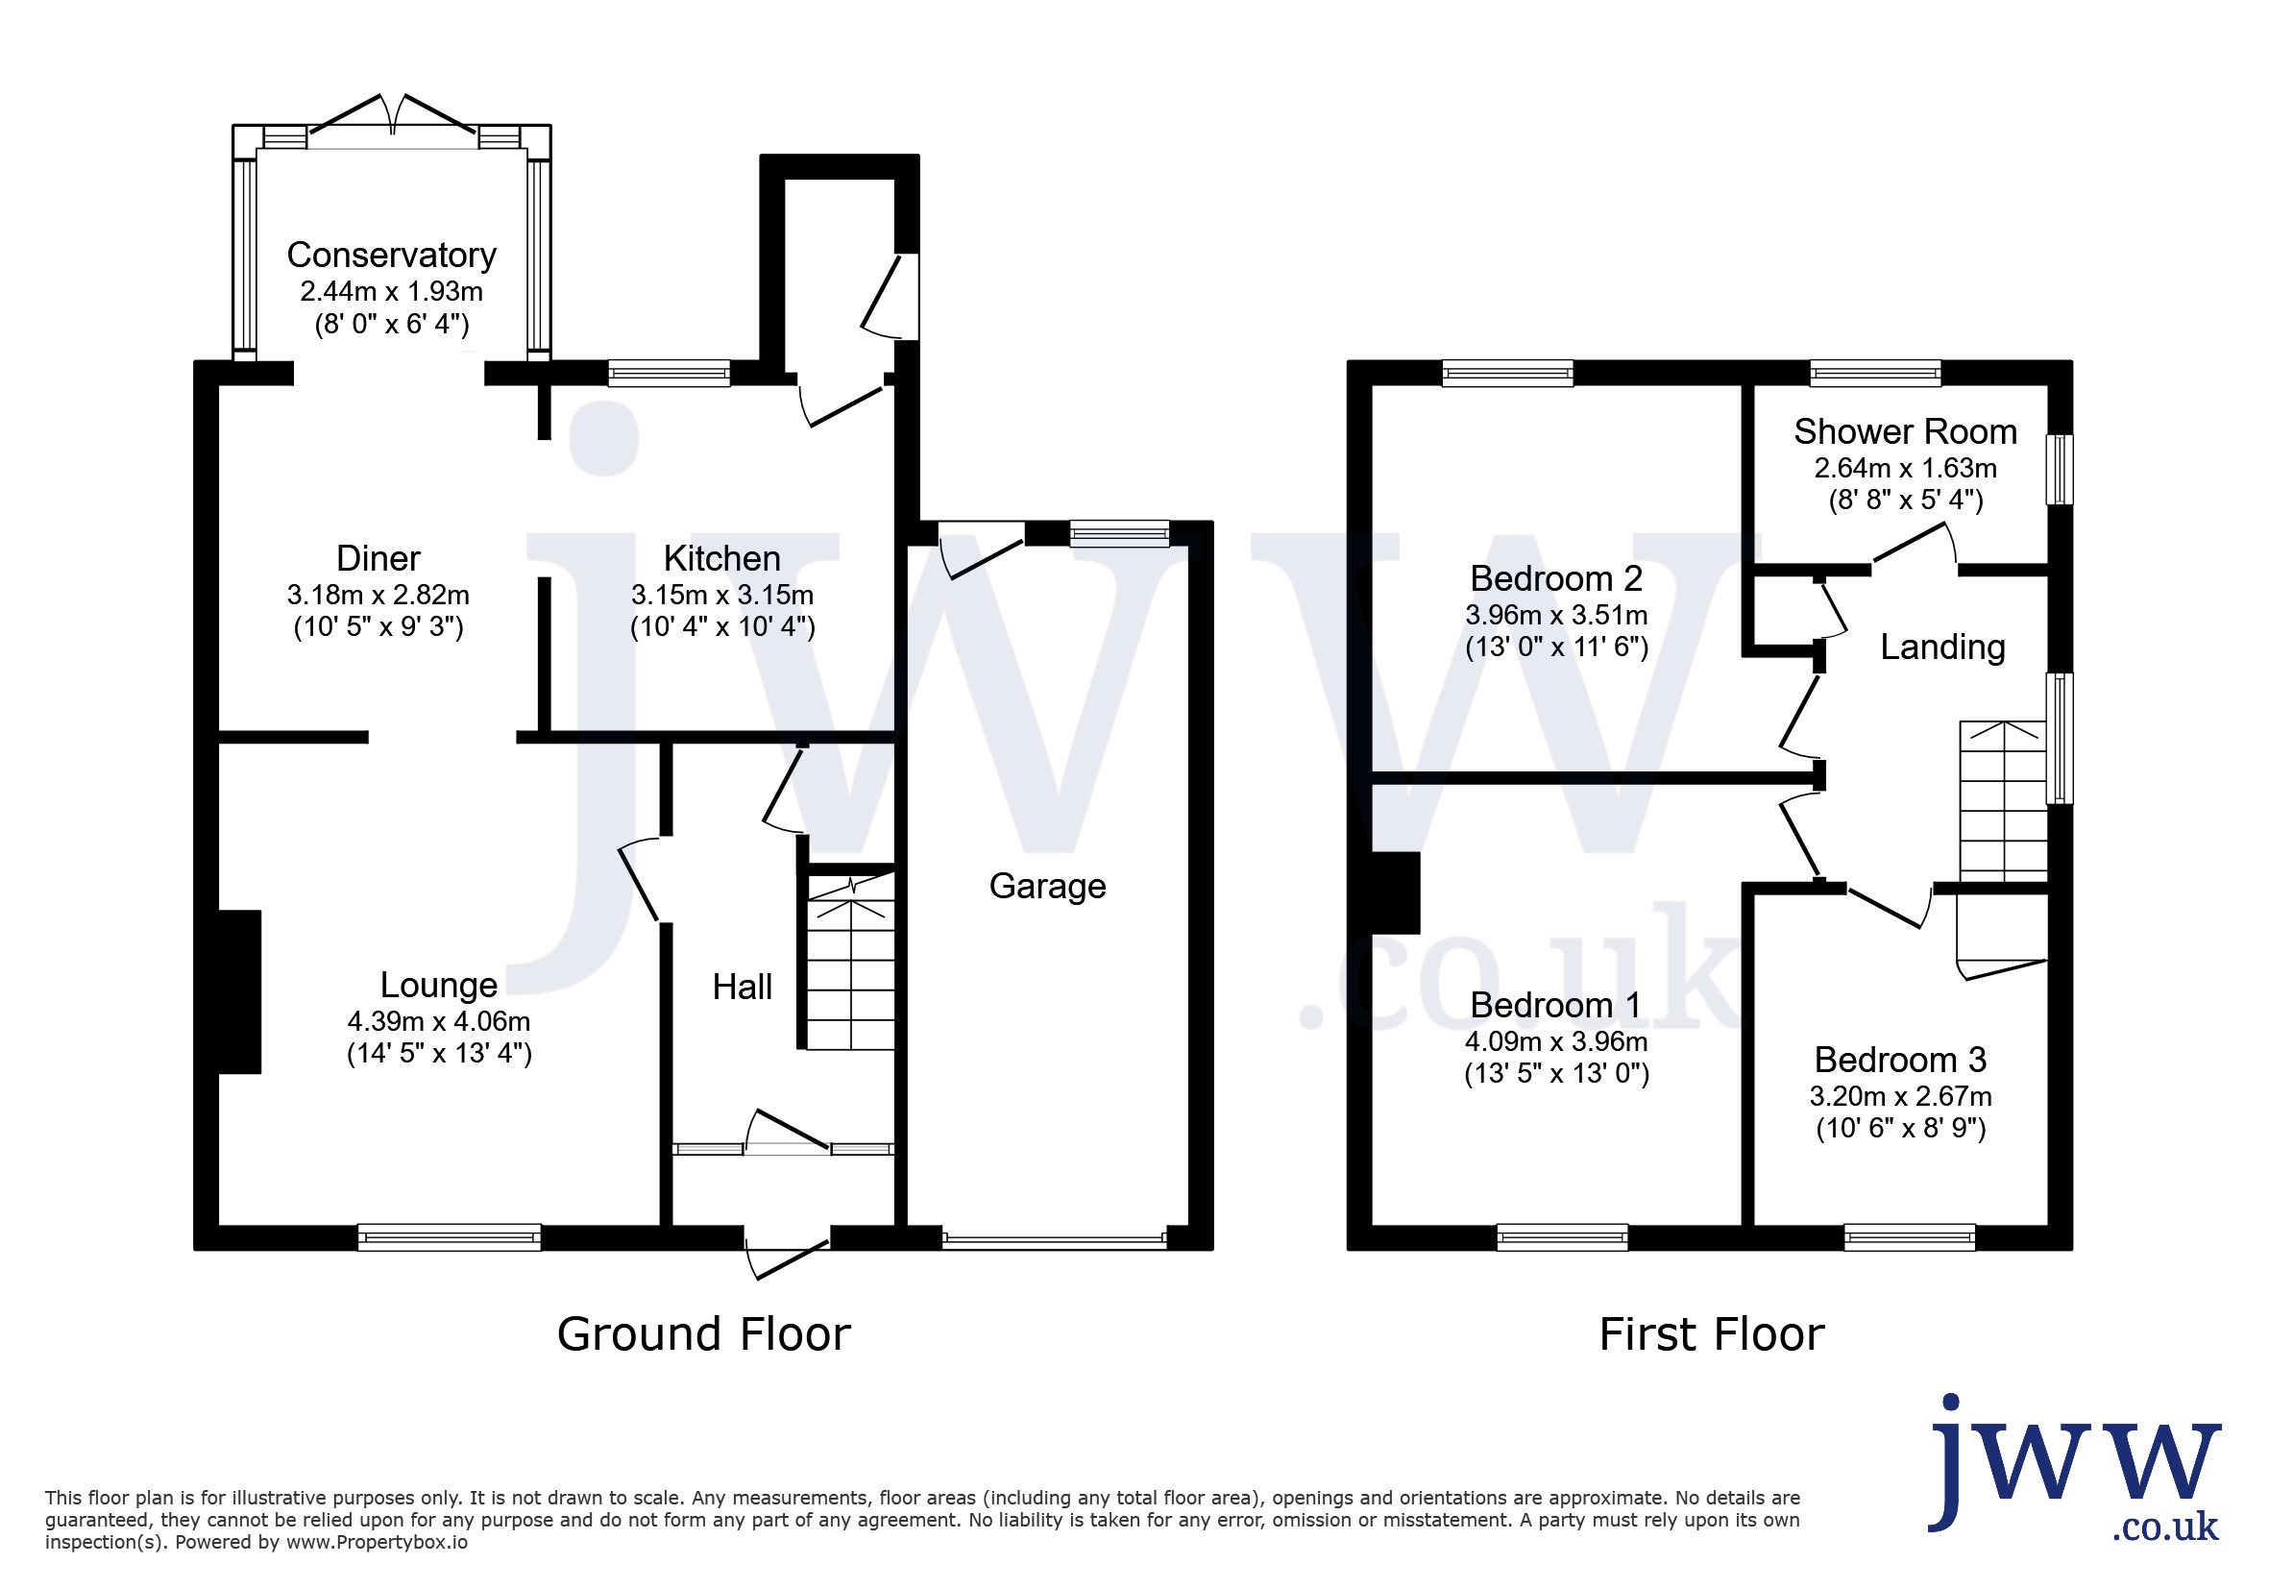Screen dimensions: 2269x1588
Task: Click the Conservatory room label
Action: point(391,255)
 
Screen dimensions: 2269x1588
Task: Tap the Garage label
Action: point(1047,887)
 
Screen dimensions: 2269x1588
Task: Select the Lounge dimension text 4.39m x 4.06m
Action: point(439,1021)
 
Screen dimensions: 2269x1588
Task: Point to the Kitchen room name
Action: point(721,558)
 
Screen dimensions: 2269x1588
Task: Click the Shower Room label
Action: point(1905,432)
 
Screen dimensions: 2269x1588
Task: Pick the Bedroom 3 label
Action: point(1900,1060)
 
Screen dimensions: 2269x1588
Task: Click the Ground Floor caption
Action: point(703,1334)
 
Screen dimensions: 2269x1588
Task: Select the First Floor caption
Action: point(1712,1334)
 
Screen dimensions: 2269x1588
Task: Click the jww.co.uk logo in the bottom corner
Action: point(2075,1465)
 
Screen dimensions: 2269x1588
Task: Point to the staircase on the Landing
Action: point(2003,801)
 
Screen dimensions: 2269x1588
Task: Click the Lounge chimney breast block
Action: point(240,991)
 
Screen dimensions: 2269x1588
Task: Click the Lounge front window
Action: point(450,1237)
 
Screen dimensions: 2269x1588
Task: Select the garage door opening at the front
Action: point(1055,1239)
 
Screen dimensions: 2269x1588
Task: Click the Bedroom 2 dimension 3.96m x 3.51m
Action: point(1556,615)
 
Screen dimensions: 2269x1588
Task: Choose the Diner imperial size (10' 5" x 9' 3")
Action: point(378,626)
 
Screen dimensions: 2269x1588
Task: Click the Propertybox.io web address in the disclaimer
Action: point(377,1542)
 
